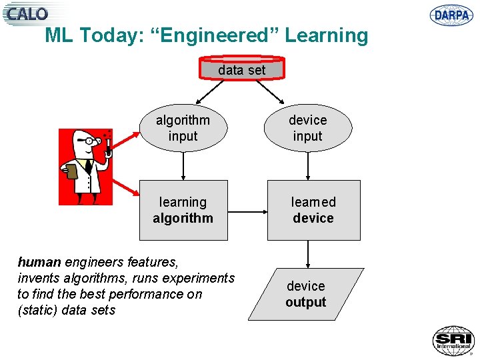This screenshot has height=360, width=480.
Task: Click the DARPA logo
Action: (x=451, y=15)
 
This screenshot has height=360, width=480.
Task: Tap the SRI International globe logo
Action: (x=453, y=341)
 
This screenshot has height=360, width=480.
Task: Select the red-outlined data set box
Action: (x=241, y=69)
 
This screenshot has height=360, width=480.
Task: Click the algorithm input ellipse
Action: (x=183, y=128)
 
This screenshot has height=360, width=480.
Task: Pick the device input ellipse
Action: (x=307, y=128)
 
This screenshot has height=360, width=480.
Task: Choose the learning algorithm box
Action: (x=183, y=210)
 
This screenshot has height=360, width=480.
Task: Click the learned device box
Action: (x=313, y=210)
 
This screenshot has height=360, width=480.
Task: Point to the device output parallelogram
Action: (x=306, y=294)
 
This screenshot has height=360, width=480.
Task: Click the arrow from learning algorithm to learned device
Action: (x=247, y=213)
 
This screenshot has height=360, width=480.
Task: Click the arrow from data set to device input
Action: (x=270, y=92)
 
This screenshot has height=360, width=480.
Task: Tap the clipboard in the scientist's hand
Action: (x=72, y=171)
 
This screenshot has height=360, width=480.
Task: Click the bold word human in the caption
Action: (x=39, y=262)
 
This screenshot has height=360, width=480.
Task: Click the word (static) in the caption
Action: (x=37, y=310)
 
